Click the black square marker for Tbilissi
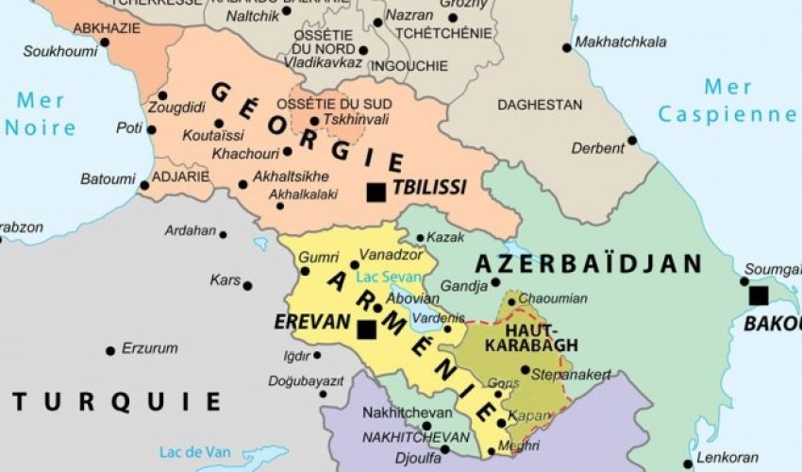376,192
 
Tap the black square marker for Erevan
365,329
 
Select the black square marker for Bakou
758,295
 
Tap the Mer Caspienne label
727,102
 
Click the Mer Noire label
39,112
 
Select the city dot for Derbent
631,141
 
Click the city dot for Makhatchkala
566,47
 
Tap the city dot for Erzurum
110,350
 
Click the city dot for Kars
247,285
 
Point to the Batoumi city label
107,177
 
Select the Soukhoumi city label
59,52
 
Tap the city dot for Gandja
495,282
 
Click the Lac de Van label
191,449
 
